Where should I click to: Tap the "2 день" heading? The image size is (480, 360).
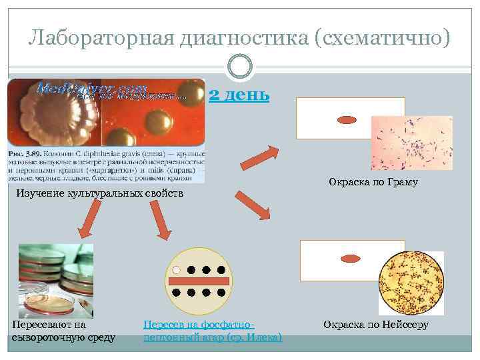click(x=239, y=95)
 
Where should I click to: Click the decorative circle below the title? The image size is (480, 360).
click(x=239, y=67)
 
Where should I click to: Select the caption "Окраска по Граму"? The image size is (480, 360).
click(x=373, y=181)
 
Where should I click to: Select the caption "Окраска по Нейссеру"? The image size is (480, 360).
click(x=376, y=325)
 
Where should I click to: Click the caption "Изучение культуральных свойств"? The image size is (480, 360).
click(x=99, y=193)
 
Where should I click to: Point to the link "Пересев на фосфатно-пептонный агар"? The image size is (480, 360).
click(x=213, y=331)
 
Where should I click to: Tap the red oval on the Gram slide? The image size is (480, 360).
click(x=347, y=121)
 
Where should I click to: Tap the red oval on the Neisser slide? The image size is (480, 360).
click(x=351, y=258)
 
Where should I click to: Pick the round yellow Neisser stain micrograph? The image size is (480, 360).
click(x=411, y=283)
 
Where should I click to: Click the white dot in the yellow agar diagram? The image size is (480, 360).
click(x=177, y=271)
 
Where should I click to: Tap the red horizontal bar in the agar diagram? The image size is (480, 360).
click(x=199, y=281)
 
